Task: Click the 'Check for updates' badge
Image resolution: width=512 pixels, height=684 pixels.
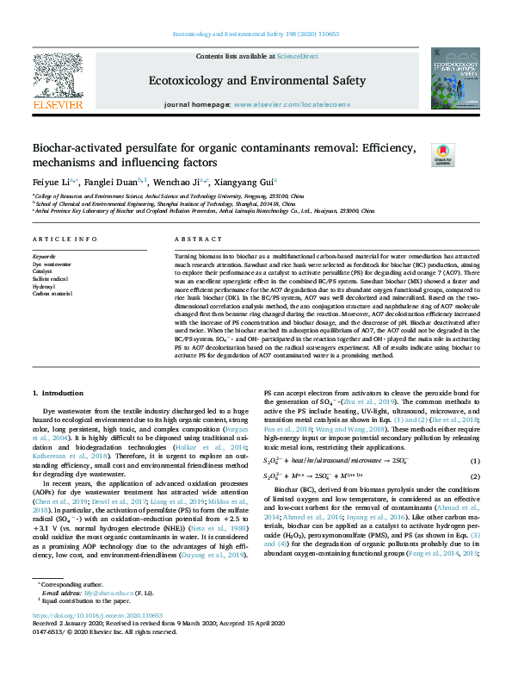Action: (x=466, y=156)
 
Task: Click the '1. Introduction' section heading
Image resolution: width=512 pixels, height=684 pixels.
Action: (x=58, y=393)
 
